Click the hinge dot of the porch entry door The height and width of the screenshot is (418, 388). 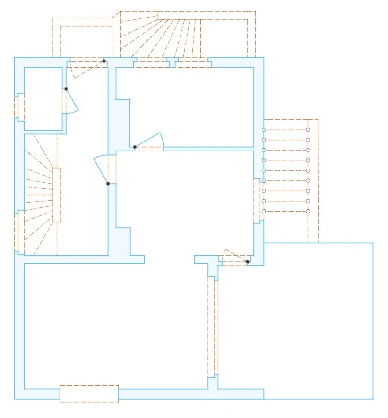104,61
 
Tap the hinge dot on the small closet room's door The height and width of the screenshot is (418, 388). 66,89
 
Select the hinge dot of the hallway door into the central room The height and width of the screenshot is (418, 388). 108,184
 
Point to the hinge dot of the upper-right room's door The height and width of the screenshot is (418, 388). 135,147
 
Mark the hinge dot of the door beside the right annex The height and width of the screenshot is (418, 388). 247,262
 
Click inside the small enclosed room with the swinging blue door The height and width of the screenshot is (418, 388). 43,98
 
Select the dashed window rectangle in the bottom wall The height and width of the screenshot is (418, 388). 89,394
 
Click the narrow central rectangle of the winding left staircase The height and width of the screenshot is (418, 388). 57,195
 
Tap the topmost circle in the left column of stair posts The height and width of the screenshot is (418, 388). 264,130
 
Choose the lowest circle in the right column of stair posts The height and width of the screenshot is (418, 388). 308,211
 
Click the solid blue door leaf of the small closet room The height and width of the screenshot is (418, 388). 72,101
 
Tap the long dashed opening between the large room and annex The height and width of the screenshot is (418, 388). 213,327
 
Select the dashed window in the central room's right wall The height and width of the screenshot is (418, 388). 258,201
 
